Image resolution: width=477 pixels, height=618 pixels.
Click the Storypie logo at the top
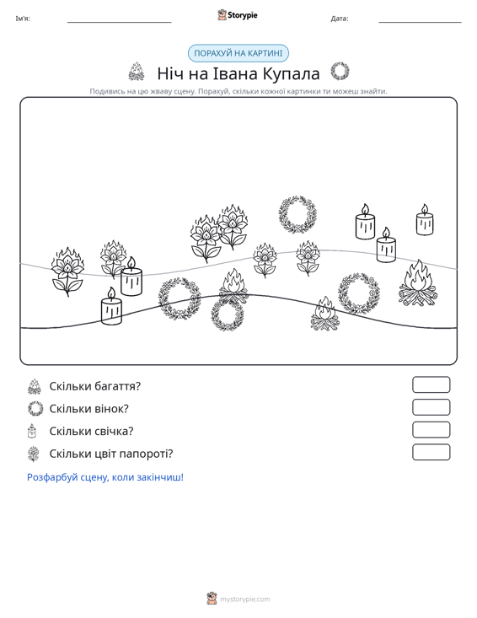tap(238, 15)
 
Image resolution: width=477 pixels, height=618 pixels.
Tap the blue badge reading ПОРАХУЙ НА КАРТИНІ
tap(238, 53)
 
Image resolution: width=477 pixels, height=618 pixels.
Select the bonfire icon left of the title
tap(137, 72)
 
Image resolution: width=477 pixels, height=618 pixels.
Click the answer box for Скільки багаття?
tap(431, 384)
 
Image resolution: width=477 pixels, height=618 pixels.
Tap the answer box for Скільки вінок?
tap(431, 407)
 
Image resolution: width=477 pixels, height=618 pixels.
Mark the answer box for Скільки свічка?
tap(431, 430)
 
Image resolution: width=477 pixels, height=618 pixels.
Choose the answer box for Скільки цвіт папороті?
tap(431, 452)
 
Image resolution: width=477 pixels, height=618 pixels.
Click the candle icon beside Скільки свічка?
tap(32, 431)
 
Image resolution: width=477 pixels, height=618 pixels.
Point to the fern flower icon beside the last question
tap(35, 454)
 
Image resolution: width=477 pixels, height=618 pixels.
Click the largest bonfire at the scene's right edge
tap(418, 283)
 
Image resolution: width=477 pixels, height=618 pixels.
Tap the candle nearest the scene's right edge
tap(425, 220)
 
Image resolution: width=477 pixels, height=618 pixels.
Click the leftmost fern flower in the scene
tap(67, 272)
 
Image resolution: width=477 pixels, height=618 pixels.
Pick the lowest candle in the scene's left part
tap(111, 306)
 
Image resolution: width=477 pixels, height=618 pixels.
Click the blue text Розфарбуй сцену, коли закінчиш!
tap(105, 477)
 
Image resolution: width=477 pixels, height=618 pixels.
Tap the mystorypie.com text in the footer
tap(244, 599)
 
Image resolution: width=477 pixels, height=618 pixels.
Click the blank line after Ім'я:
tap(120, 23)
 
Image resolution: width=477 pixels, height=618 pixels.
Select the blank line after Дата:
tap(420, 23)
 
